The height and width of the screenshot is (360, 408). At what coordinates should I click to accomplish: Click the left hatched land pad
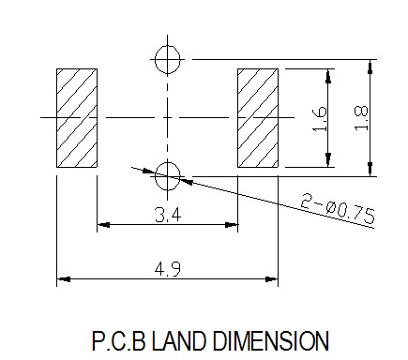[x=77, y=118]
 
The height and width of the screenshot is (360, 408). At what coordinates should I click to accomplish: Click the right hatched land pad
[x=258, y=118]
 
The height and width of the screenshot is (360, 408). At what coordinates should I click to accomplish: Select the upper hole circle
[x=168, y=59]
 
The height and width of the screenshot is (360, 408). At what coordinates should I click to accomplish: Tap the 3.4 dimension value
[x=168, y=215]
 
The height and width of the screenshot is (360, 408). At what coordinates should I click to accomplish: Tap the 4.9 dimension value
[x=168, y=269]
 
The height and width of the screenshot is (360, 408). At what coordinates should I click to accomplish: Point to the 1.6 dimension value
[x=320, y=119]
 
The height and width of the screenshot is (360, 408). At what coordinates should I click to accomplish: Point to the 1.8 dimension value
[x=361, y=118]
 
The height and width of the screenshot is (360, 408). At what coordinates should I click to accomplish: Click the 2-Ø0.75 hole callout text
[x=338, y=208]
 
